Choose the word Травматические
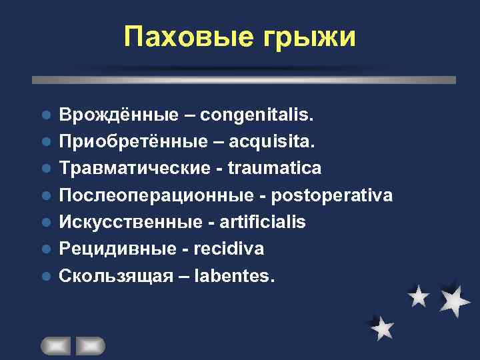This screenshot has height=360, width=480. [133, 169]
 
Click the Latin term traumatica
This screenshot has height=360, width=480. [274, 169]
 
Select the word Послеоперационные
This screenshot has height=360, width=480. [148, 195]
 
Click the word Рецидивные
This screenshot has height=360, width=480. [115, 249]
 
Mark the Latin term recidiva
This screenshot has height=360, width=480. [228, 249]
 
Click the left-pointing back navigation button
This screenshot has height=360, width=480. [56, 345]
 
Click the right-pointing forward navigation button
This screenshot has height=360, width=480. [90, 345]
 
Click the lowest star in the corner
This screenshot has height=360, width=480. [382, 328]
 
